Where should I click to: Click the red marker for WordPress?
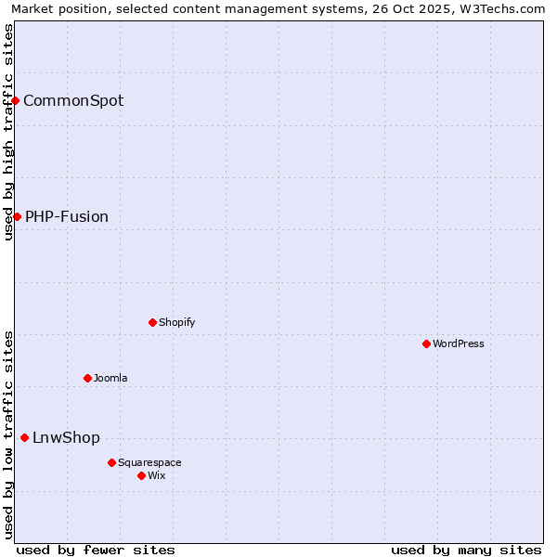coord(426,343)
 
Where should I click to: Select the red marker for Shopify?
coord(152,322)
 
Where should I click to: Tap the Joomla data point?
coord(87,378)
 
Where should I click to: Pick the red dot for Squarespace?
coord(111,462)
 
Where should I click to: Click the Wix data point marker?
coord(141,475)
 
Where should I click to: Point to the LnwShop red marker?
coord(24,437)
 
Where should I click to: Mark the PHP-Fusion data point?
coord(17,216)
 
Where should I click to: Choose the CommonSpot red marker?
coord(16,100)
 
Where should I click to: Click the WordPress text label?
coord(459,344)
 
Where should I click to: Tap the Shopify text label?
coord(176,323)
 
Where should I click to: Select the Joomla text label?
coord(110,379)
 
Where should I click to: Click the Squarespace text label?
coord(149,463)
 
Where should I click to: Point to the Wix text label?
coord(157,476)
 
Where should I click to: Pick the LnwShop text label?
coord(66,438)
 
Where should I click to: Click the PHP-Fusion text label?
coord(67,217)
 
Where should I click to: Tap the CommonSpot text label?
coord(73,101)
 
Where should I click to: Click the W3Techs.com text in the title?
coord(505,9)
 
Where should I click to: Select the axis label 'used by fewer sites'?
coord(96,550)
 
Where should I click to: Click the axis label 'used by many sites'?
coord(466,550)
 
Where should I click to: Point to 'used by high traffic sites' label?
coord(8,132)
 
